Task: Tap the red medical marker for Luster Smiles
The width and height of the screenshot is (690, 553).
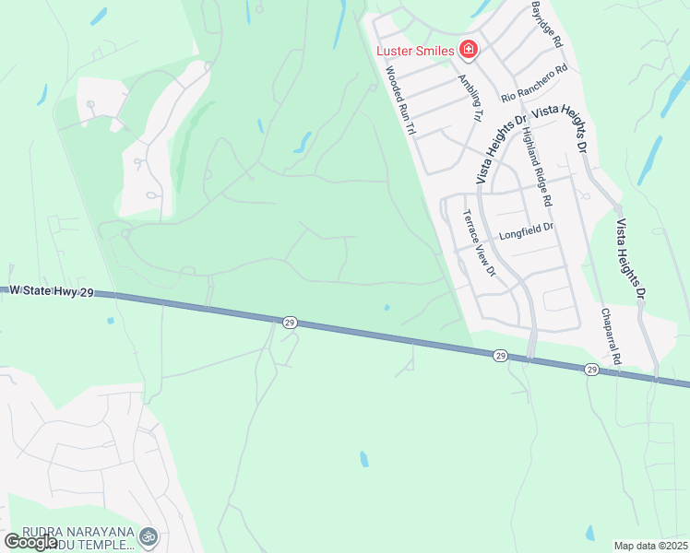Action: pyautogui.click(x=469, y=50)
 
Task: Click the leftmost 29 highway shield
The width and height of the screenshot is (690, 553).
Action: pyautogui.click(x=290, y=323)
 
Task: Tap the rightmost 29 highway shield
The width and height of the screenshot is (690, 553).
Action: pyautogui.click(x=590, y=369)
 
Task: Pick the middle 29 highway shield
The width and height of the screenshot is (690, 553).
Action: pyautogui.click(x=499, y=355)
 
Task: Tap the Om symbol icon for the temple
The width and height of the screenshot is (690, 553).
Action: pyautogui.click(x=148, y=535)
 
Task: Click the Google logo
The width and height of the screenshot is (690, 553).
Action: pyautogui.click(x=30, y=542)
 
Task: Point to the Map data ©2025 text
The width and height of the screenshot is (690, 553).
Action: pyautogui.click(x=650, y=546)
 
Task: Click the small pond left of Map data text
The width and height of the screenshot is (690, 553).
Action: pyautogui.click(x=589, y=533)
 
